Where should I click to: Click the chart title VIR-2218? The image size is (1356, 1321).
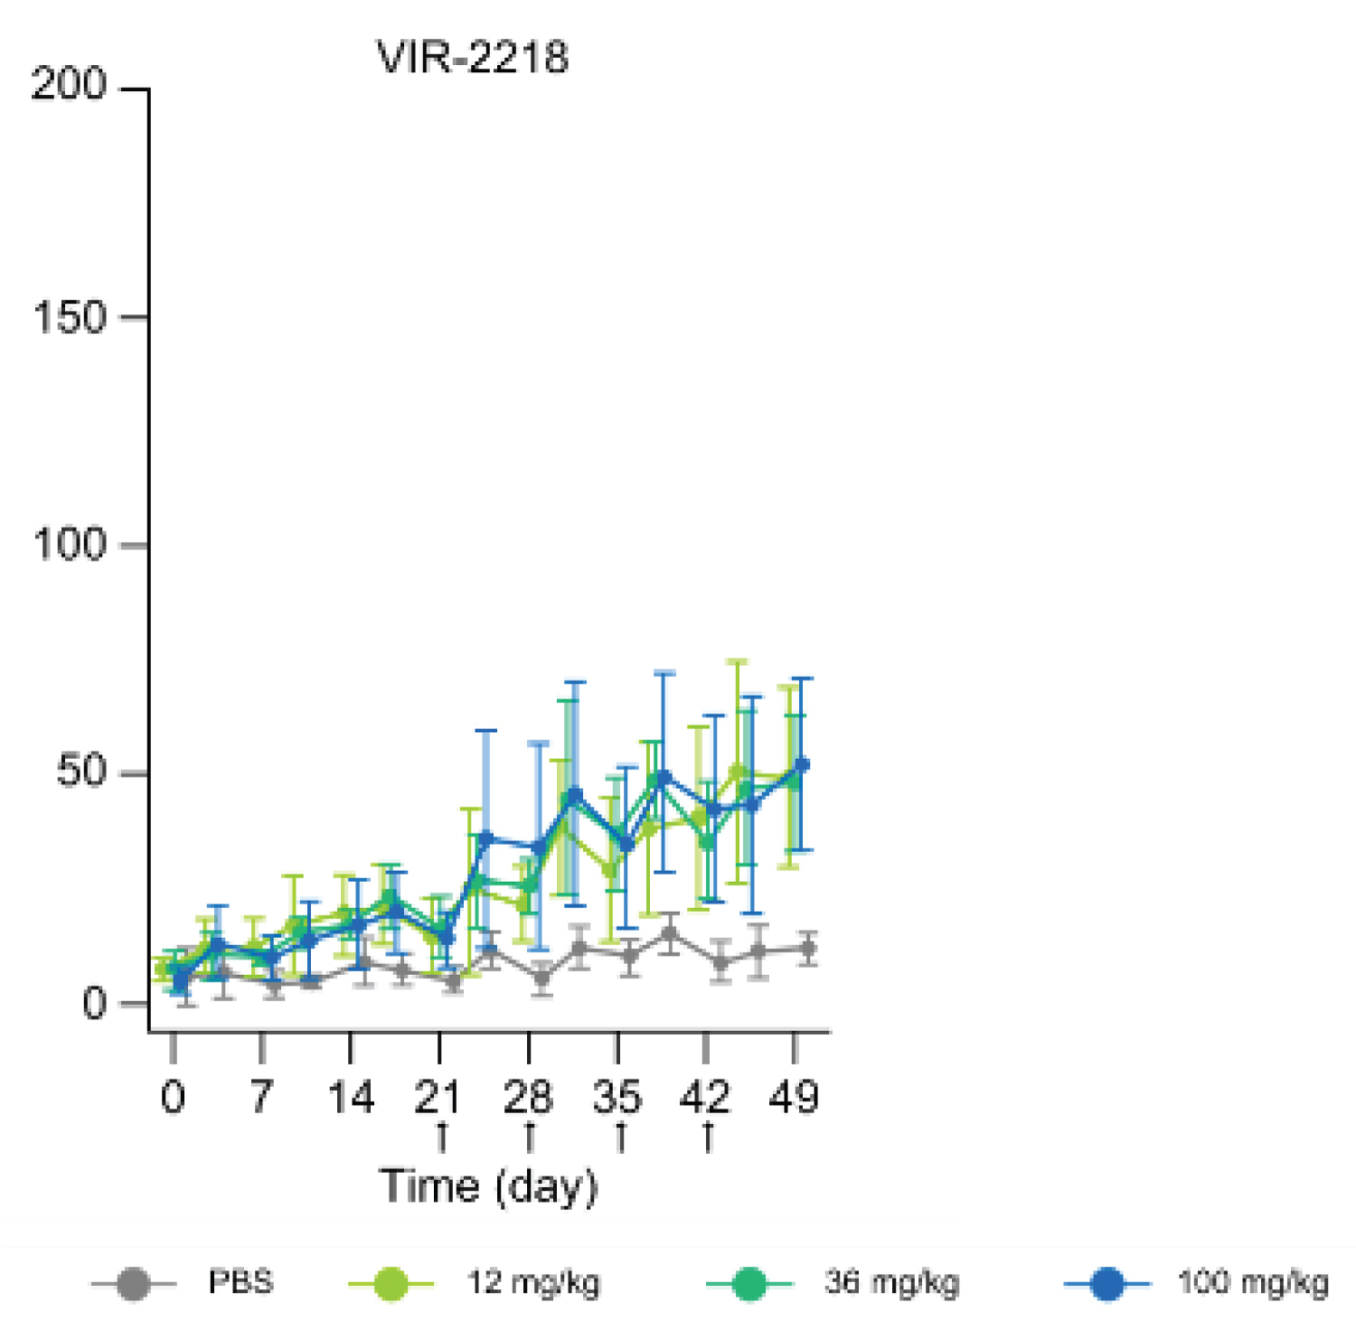coord(473,58)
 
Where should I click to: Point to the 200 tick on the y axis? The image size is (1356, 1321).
coord(69,85)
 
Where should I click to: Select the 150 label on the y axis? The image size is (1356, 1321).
coord(69,317)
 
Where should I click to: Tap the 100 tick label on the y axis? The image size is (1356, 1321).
coord(69,545)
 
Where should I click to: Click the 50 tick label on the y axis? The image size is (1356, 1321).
coord(81,773)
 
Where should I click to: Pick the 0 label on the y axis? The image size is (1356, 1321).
coord(94,1003)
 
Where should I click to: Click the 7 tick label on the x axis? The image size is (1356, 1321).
coord(261,1097)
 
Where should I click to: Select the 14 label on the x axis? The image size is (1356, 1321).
coord(350,1097)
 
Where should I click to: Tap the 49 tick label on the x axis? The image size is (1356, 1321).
coord(794,1097)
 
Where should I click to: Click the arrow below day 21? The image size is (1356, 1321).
coord(442,1138)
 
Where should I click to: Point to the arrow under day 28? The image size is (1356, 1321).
coord(530,1138)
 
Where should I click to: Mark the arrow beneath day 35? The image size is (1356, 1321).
coord(620,1138)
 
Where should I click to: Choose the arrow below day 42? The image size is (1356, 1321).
coord(708,1138)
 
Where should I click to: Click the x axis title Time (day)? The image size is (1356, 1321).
coord(488,1186)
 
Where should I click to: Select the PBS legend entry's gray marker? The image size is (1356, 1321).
coord(134,1284)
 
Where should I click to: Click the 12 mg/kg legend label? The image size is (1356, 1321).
coord(533,1283)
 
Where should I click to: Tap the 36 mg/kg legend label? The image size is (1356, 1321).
coord(891,1283)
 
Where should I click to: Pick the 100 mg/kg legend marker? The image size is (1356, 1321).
coord(1107,1284)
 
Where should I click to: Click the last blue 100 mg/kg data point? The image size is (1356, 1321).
coord(802,765)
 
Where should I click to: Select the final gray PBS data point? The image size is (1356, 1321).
coord(808,949)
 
